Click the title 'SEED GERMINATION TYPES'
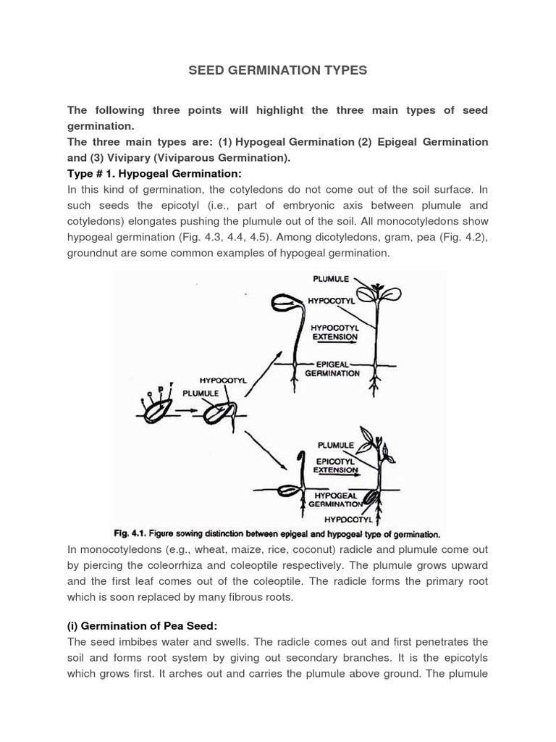(278, 70)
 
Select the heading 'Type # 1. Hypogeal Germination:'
(153, 174)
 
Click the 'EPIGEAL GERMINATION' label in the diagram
(332, 369)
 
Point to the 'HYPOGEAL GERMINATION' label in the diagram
(335, 499)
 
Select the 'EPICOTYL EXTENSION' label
(335, 464)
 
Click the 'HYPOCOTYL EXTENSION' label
(334, 332)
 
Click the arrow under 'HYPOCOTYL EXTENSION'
(334, 346)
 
